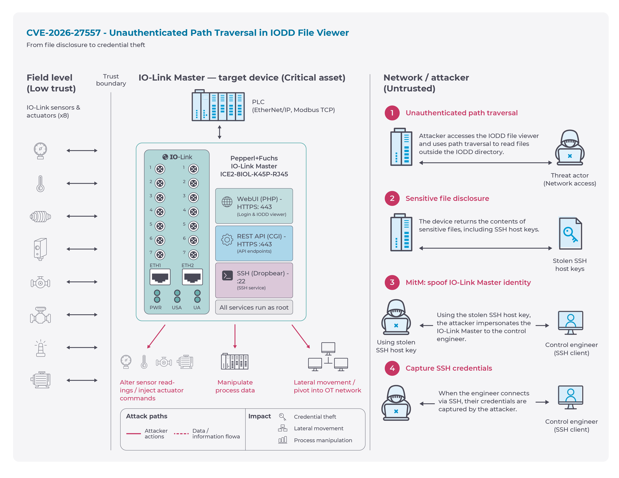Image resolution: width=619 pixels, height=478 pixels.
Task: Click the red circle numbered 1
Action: click(x=392, y=113)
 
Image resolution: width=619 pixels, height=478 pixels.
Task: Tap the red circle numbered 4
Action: click(x=392, y=368)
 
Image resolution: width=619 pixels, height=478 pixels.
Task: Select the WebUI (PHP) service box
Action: click(x=254, y=206)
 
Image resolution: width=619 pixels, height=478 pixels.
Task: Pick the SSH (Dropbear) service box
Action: click(x=254, y=280)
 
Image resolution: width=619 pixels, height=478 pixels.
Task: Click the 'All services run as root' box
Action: click(x=254, y=307)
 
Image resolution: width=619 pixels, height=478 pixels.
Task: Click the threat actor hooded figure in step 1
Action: click(x=570, y=147)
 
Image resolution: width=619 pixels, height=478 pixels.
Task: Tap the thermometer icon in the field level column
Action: click(x=41, y=184)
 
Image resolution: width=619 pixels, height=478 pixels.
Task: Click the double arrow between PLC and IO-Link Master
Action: click(x=219, y=132)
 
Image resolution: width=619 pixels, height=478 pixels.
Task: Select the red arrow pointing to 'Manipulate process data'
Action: click(x=235, y=336)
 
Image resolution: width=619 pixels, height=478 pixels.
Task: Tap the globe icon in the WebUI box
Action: click(x=227, y=202)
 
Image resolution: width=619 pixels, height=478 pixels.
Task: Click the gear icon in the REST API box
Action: click(x=227, y=240)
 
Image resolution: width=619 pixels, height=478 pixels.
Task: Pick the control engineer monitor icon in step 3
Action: click(x=570, y=323)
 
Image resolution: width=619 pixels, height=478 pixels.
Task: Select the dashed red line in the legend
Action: click(x=181, y=433)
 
